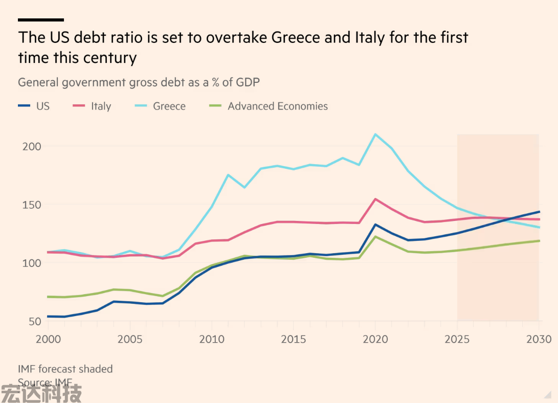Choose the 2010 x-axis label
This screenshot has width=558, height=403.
[211, 339]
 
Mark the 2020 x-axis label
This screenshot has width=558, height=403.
[375, 339]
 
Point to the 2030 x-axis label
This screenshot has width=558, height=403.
[539, 339]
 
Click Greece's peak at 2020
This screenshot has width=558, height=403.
[375, 135]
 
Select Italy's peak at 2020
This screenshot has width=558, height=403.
[375, 199]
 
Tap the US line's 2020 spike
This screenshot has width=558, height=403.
[375, 225]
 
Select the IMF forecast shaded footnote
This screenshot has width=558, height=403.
[65, 369]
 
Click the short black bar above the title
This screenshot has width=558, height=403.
[41, 20]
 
